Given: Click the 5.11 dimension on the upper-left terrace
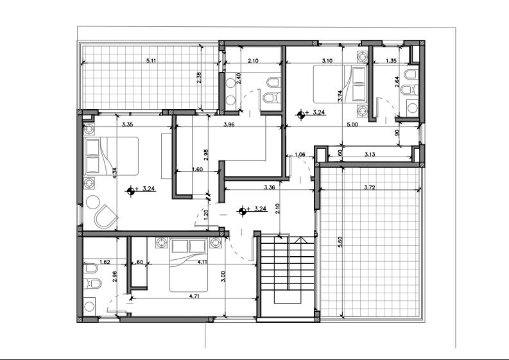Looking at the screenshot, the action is click(151, 60).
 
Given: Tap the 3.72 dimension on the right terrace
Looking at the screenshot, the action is click(370, 187).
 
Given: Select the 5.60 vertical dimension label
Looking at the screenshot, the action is click(340, 242).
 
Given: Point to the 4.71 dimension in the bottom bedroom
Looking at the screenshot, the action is click(194, 296).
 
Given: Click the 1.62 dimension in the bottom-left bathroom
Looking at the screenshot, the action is click(105, 262).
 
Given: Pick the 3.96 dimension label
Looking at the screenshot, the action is click(229, 124).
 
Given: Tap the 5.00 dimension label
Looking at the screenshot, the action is click(352, 124).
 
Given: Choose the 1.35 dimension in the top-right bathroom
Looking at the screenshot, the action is click(391, 60).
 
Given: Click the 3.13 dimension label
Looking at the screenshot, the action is click(370, 154).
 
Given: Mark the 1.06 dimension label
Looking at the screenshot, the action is click(300, 155).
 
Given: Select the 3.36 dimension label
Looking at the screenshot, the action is click(270, 187).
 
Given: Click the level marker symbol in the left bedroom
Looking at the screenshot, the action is click(130, 191).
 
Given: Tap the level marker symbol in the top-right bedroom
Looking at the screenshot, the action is click(300, 115).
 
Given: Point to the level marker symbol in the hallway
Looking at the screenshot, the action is click(242, 211).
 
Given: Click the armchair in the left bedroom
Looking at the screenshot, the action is click(105, 216).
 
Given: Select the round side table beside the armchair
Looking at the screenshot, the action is click(93, 202).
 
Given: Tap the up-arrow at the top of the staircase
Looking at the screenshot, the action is click(300, 240).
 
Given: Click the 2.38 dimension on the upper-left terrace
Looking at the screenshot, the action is click(200, 78).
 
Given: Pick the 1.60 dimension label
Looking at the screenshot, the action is click(197, 169).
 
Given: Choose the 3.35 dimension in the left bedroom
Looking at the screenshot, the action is click(127, 124).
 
